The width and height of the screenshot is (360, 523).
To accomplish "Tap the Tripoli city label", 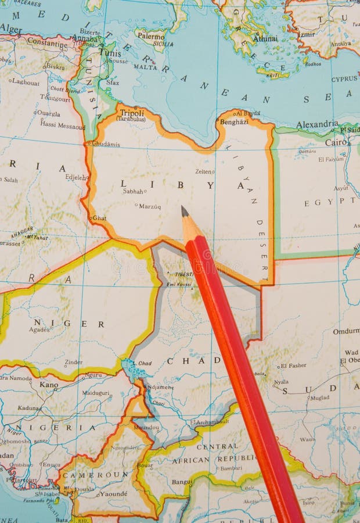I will click(131, 112).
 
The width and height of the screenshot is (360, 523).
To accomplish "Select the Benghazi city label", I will click(234, 122).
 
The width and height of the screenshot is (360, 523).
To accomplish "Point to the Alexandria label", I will click(317, 124).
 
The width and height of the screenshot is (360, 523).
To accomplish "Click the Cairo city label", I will click(336, 142).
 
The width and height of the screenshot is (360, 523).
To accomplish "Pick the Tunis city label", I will click(110, 52).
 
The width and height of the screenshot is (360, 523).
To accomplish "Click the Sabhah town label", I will click(133, 191).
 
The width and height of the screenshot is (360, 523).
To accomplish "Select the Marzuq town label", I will click(150, 206).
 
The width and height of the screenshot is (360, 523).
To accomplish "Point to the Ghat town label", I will click(99, 218).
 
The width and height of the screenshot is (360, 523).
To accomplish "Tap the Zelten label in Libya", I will click(204, 171).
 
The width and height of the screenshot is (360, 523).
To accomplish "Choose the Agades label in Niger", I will click(39, 329).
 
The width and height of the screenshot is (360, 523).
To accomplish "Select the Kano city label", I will click(49, 384).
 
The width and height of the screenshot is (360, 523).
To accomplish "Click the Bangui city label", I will click(182, 481).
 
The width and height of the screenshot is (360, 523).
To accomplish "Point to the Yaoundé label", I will click(114, 494).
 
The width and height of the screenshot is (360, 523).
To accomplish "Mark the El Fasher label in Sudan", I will click(293, 366).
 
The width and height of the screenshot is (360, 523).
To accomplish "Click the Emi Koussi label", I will click(179, 284).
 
